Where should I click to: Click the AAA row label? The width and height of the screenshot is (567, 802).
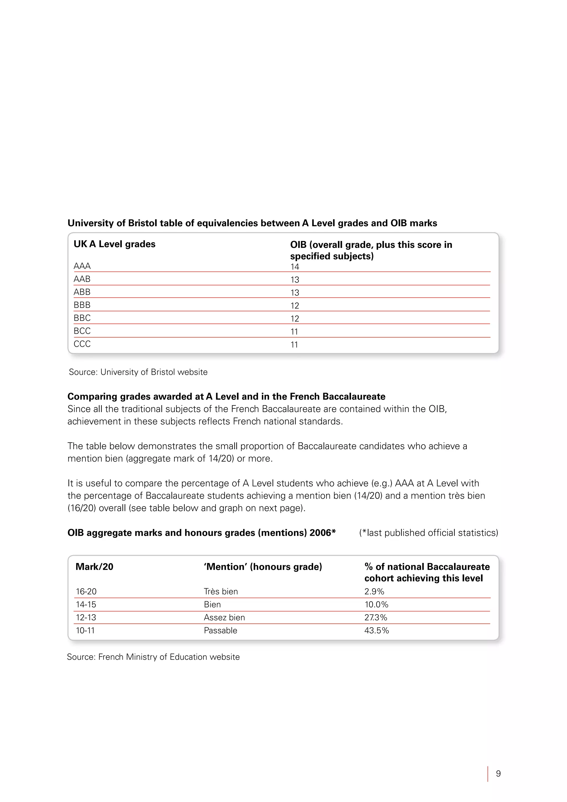click(82, 266)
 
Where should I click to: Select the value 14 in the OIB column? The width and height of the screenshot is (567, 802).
click(295, 267)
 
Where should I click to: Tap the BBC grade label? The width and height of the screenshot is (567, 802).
click(82, 318)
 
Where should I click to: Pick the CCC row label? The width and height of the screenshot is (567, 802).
click(82, 344)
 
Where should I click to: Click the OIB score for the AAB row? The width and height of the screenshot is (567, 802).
click(295, 280)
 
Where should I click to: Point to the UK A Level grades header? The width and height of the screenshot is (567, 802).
click(115, 244)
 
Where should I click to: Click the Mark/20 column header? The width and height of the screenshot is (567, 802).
click(94, 567)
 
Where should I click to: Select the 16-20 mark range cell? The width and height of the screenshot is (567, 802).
click(86, 591)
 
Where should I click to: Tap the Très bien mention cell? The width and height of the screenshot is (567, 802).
click(221, 591)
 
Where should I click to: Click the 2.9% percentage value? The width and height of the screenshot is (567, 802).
click(374, 591)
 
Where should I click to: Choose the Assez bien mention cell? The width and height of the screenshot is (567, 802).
click(224, 618)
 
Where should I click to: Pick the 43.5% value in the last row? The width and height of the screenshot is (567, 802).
click(376, 631)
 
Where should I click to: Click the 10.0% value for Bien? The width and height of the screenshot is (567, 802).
click(376, 605)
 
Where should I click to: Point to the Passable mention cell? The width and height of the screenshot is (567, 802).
click(220, 631)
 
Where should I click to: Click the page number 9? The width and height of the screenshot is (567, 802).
click(498, 774)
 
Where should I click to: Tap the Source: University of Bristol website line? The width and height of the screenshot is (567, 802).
click(138, 372)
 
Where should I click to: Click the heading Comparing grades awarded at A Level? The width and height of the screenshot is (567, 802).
click(226, 397)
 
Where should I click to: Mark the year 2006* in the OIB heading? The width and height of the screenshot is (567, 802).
click(322, 533)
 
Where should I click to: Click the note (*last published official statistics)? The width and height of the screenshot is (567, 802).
click(428, 533)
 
